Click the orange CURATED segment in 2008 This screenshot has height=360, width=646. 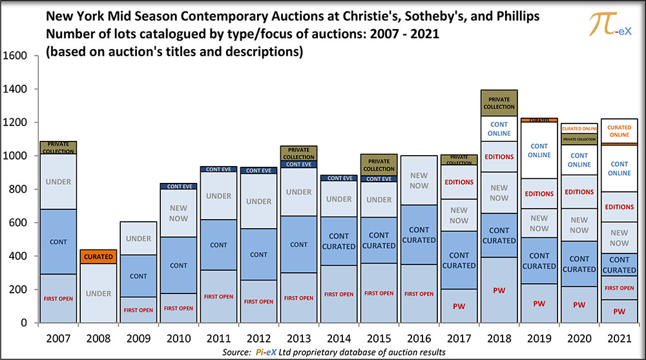98,257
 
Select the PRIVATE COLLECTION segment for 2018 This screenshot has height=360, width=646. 499,103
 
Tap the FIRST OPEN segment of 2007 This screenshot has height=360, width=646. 58,298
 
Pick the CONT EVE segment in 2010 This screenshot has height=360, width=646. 178,186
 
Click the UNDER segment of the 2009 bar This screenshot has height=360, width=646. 138,239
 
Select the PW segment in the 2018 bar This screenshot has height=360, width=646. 499,290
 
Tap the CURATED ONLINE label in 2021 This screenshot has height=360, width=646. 619,131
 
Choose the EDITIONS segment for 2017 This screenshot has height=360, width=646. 459,182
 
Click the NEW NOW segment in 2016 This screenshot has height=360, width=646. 419,180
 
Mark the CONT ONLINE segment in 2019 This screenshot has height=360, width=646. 539,151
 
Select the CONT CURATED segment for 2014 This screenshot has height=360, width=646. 339,241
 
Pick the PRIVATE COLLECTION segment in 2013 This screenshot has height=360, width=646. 298,153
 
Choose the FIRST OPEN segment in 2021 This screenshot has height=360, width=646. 619,288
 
